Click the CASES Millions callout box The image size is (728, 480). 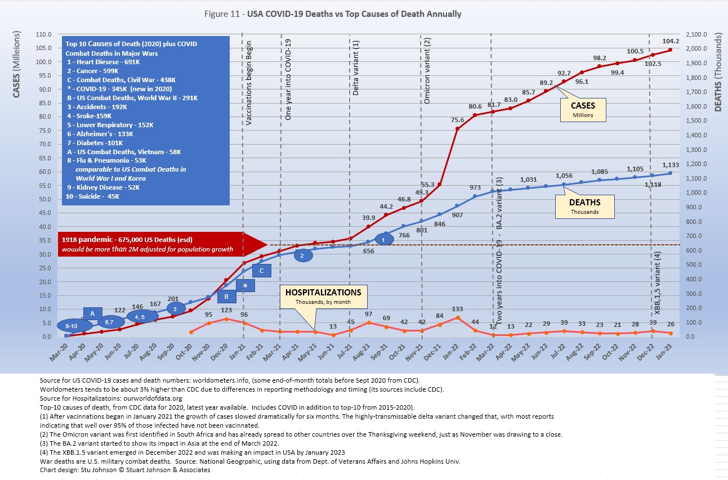point(583,110)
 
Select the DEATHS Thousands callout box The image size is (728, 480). point(584,207)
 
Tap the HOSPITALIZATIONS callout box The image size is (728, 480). point(323,297)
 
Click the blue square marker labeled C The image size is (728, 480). point(262,271)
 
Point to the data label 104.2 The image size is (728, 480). point(671,41)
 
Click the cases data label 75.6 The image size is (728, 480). point(457,120)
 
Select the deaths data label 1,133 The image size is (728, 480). point(671,165)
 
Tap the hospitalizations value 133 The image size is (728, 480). point(457,309)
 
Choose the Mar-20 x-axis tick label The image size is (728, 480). point(59,353)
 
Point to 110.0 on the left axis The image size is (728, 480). point(43,34)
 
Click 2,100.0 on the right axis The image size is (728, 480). point(696,34)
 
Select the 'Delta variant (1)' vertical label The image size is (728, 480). point(356,68)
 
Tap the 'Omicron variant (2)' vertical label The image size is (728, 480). point(427,71)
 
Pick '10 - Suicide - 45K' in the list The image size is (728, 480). point(93,196)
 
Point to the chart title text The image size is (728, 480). point(333,14)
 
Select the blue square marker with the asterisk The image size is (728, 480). point(245,286)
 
